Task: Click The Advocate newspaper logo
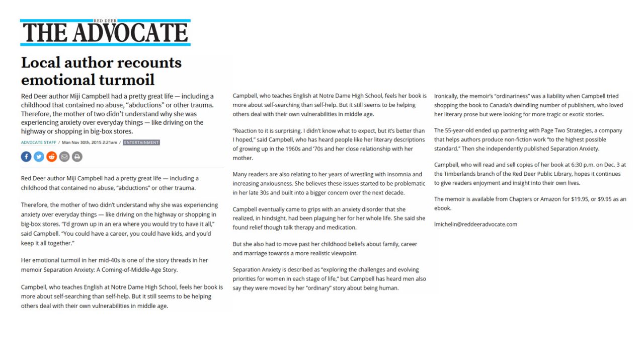pyautogui.click(x=105, y=33)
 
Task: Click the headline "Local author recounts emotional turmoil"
pyautogui.click(x=101, y=71)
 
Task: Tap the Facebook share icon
pyautogui.click(x=26, y=157)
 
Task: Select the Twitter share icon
pyautogui.click(x=39, y=157)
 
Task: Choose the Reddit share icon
pyautogui.click(x=51, y=157)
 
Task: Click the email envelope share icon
pyautogui.click(x=64, y=157)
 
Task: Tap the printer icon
pyautogui.click(x=77, y=157)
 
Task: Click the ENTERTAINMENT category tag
pyautogui.click(x=141, y=142)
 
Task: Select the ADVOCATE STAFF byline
pyautogui.click(x=38, y=142)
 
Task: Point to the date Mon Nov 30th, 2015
pyautogui.click(x=84, y=142)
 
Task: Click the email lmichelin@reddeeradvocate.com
pyautogui.click(x=475, y=224)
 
